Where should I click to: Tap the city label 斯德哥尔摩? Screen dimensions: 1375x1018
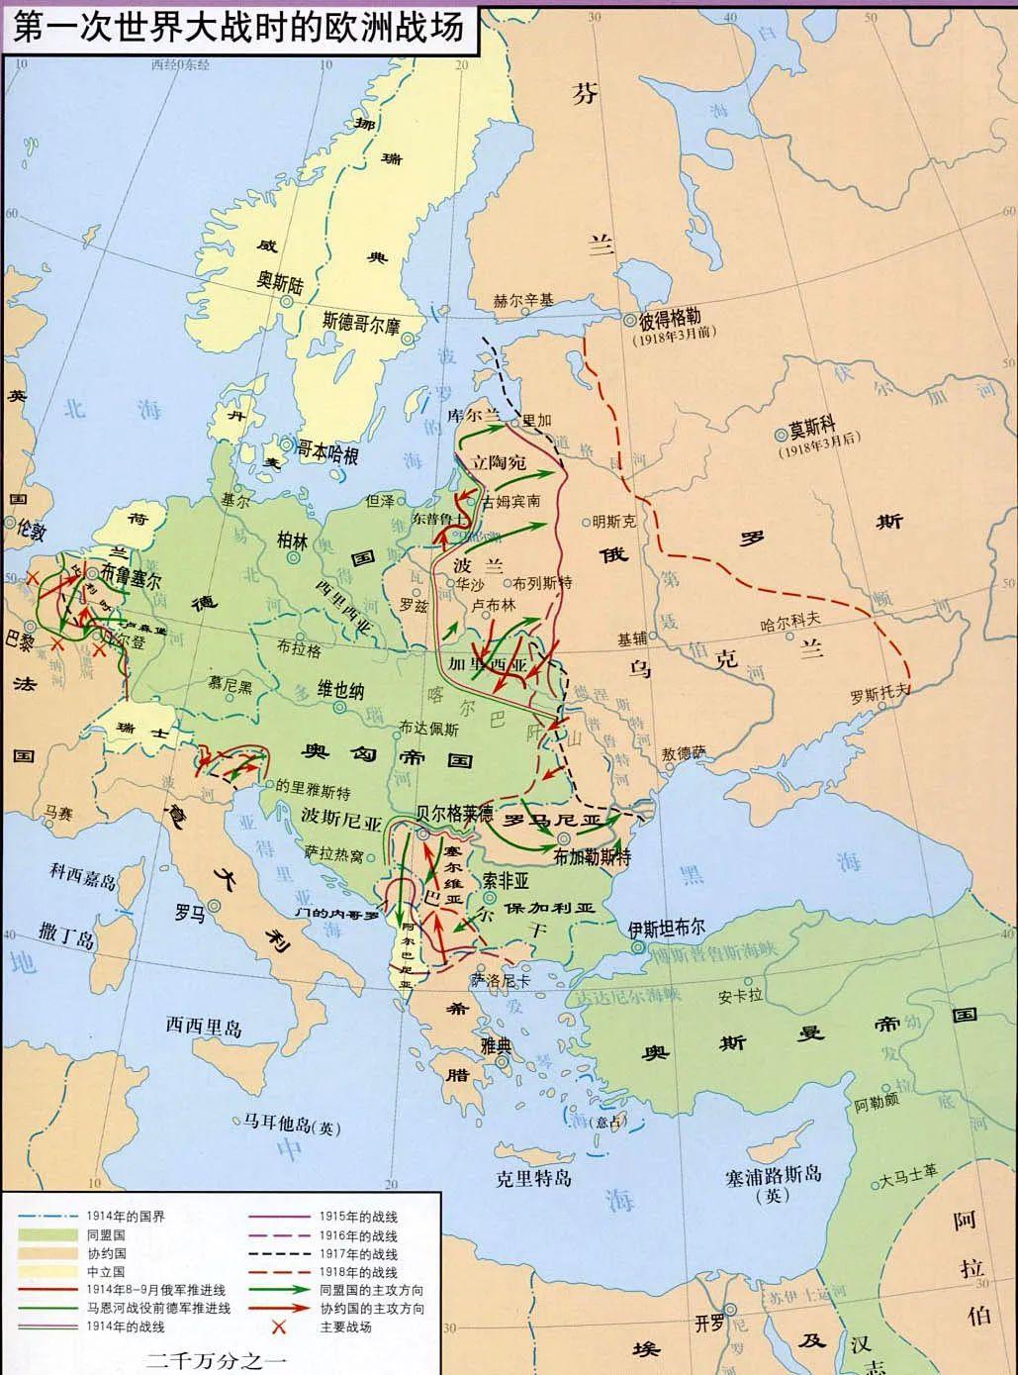tap(361, 323)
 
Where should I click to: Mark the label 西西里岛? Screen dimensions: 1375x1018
tap(204, 1025)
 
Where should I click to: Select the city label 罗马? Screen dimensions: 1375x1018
tap(190, 912)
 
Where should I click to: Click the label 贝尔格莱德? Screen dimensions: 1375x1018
tap(455, 816)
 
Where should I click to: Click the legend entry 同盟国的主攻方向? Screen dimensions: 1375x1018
tap(372, 1290)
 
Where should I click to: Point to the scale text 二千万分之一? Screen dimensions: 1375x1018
tap(216, 1359)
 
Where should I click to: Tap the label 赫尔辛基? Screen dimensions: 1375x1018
tap(524, 300)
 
